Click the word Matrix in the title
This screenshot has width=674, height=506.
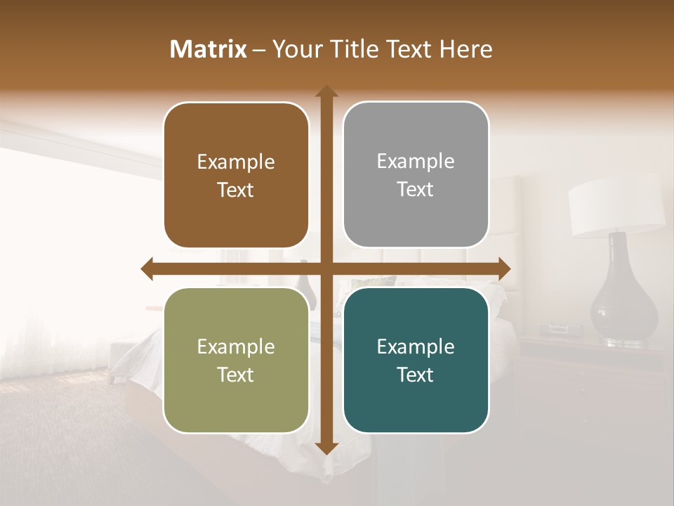[x=209, y=49]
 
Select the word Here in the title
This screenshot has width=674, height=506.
[x=465, y=49]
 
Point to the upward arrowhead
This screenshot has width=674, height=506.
[x=326, y=91]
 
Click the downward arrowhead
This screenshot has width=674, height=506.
[x=326, y=448]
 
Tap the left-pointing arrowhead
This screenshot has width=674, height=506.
[x=147, y=268]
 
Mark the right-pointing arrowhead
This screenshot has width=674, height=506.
[x=504, y=268]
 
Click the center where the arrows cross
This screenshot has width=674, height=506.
[x=326, y=268]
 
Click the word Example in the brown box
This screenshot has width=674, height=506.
[x=236, y=162]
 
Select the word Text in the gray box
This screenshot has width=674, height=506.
[x=416, y=190]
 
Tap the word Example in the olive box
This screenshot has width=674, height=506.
[x=236, y=347]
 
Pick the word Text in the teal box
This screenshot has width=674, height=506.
[x=416, y=375]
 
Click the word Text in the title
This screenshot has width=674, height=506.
[x=409, y=49]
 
